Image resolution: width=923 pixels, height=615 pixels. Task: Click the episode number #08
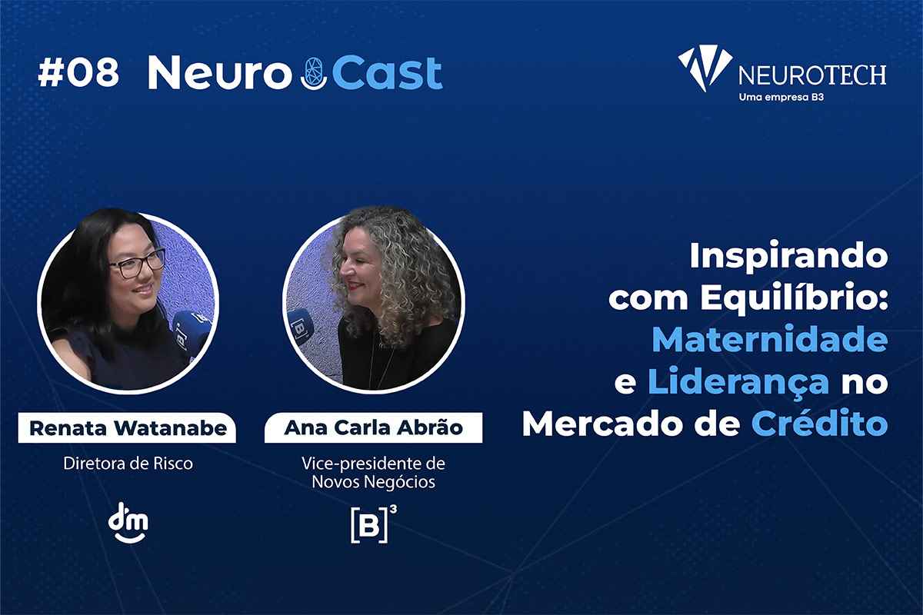click(78, 73)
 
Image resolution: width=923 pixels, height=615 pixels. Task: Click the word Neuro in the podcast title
click(220, 73)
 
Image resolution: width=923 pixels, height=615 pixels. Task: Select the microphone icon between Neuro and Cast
click(314, 74)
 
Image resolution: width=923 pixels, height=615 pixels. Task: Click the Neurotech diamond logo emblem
click(705, 68)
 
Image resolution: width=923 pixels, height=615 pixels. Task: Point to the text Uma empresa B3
click(781, 98)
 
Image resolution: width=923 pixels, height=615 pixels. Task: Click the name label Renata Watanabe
click(128, 428)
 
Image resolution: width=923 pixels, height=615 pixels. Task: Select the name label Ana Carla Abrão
click(373, 427)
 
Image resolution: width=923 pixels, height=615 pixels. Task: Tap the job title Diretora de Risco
click(128, 464)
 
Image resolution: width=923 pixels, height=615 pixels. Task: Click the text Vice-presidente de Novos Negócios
click(373, 473)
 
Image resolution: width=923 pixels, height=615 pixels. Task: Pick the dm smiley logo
click(128, 523)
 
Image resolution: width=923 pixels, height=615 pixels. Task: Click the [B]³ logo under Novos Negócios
click(374, 524)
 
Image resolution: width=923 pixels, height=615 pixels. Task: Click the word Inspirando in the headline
click(788, 258)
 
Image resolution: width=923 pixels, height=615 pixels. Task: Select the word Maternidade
click(770, 338)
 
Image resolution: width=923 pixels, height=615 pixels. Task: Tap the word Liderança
click(738, 382)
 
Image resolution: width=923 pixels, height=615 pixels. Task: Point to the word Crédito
click(819, 422)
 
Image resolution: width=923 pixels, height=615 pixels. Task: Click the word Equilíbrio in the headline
click(794, 298)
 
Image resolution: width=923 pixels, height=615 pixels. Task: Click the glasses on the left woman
click(137, 264)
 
